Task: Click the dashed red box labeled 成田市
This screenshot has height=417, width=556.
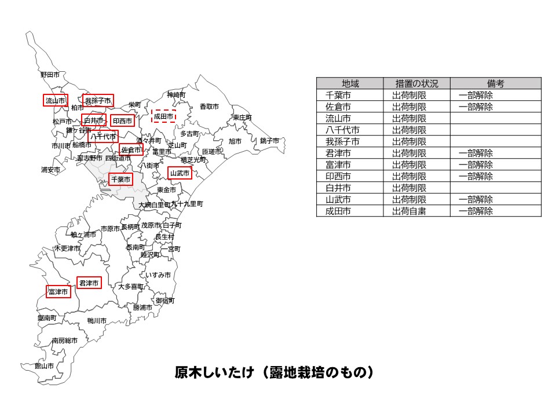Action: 163,116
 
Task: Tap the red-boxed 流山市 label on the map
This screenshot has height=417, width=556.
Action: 56,101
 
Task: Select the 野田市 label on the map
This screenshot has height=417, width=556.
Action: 50,75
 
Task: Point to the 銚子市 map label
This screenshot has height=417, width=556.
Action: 269,141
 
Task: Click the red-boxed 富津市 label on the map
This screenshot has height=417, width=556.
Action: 58,292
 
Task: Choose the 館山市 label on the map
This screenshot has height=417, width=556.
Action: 44,366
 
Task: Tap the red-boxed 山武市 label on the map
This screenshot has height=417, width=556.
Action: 180,173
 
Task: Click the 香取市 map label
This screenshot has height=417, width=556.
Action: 209,107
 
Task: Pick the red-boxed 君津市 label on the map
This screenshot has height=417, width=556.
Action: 89,283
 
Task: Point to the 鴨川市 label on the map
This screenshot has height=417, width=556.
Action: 97,321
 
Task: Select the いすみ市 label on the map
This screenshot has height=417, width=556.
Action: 158,275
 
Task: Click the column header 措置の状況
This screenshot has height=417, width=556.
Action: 416,83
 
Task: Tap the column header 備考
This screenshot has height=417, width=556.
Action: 495,83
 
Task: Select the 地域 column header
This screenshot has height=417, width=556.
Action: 350,83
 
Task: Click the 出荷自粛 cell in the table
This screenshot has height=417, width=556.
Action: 409,211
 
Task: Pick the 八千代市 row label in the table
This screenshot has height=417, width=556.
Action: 343,130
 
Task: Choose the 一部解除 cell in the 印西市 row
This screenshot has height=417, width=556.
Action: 475,177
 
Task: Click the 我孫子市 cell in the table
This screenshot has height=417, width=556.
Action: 343,142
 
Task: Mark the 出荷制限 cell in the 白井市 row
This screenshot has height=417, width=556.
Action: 409,188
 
